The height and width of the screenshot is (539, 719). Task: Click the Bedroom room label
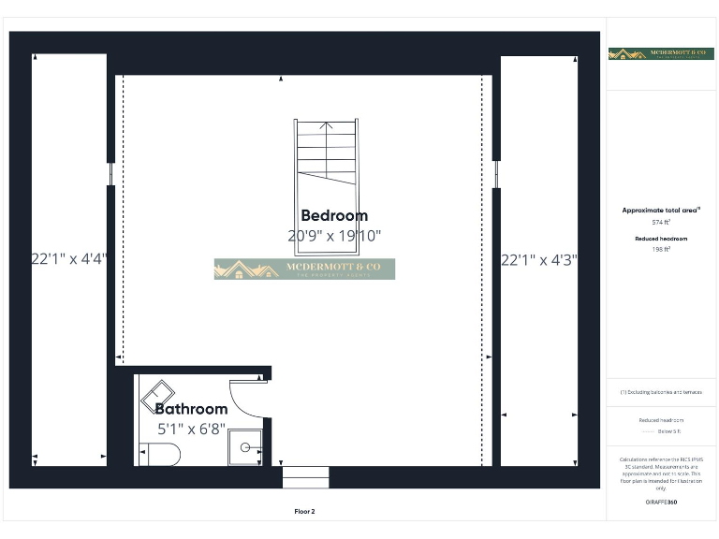[x=334, y=216]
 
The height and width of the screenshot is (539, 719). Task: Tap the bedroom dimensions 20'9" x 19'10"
[x=334, y=237]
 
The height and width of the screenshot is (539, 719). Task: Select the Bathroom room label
[x=191, y=409]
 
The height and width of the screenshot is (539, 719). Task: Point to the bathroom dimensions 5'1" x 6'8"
[x=191, y=429]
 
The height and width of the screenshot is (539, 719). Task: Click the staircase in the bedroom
[x=326, y=153]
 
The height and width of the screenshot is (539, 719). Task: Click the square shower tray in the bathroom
[x=245, y=447]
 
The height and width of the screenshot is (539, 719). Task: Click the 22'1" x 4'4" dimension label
[x=69, y=259]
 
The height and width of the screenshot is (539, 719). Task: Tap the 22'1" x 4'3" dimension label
[x=539, y=260]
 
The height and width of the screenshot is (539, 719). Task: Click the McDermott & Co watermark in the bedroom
[x=304, y=269]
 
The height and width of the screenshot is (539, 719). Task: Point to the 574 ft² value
[x=662, y=223]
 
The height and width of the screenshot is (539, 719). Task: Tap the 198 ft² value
[x=662, y=250]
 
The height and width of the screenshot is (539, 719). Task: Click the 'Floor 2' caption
[x=304, y=512]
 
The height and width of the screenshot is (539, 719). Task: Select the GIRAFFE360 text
[x=662, y=503]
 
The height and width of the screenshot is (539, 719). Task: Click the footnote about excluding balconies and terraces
[x=662, y=392]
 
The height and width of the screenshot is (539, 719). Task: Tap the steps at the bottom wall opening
[x=305, y=477]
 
